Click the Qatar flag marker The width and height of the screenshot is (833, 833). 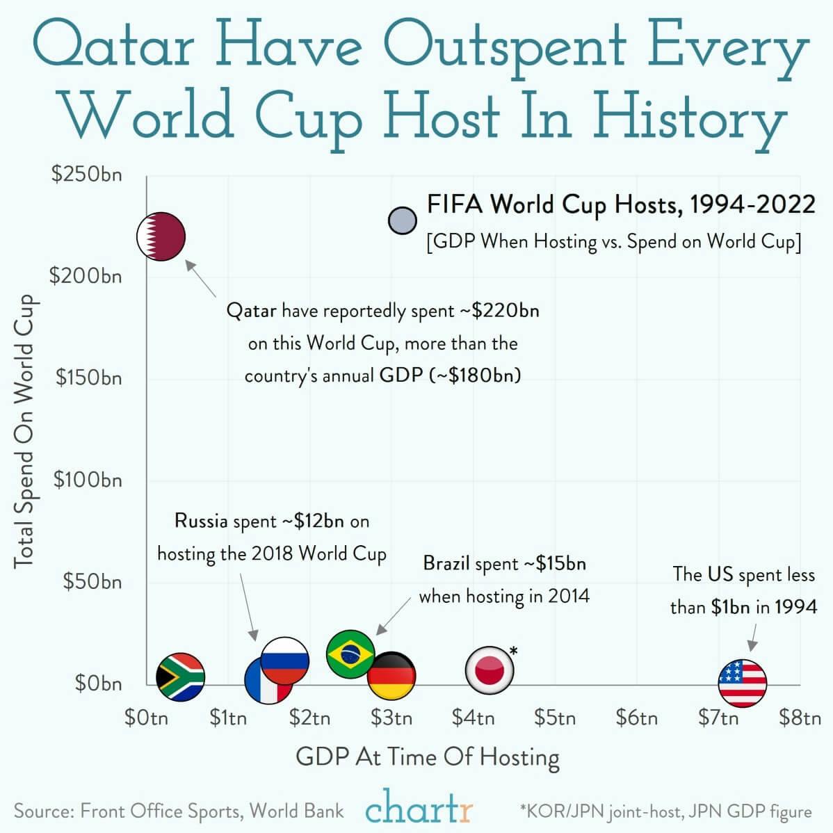tap(161, 236)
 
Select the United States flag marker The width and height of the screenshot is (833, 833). tap(742, 682)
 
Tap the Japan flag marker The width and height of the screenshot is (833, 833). tap(490, 670)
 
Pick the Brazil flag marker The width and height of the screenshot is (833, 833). tap(350, 653)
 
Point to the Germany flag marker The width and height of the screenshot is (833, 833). tap(391, 675)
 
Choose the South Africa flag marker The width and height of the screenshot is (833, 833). tap(180, 677)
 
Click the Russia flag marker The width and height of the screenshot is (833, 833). tap(285, 660)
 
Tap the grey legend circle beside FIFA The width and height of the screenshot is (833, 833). tap(402, 221)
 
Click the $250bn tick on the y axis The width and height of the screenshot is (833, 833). tap(86, 174)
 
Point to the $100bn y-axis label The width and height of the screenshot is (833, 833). tap(88, 480)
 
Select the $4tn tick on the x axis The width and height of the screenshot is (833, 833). tap(473, 717)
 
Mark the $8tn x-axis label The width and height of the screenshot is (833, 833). tap(800, 717)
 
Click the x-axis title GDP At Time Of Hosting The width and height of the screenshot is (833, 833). tap(428, 757)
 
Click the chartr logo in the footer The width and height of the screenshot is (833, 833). tap(419, 809)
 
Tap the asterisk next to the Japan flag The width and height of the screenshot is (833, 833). tap(514, 651)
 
